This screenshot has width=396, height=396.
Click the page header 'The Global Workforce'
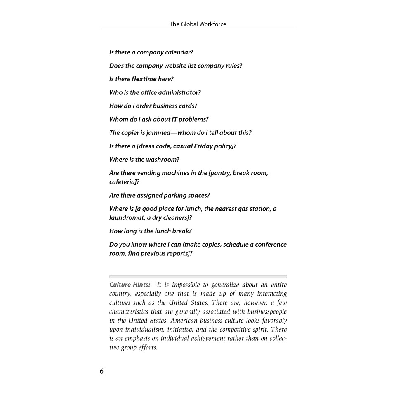[x=198, y=24]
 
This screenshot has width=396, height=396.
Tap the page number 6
[x=101, y=371]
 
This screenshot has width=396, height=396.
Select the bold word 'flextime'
[x=144, y=79]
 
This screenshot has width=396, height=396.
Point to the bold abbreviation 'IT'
[x=174, y=119]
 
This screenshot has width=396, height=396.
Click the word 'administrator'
[x=179, y=92]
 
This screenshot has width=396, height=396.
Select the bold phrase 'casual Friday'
[x=193, y=146]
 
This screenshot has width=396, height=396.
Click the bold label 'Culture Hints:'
[x=130, y=285]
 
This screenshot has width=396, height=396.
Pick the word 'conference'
[x=266, y=244]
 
